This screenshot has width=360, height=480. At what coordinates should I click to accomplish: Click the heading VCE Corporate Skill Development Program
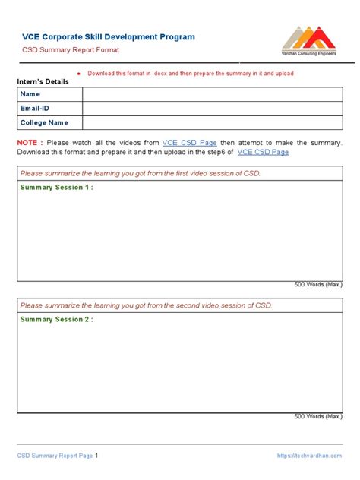click(x=108, y=36)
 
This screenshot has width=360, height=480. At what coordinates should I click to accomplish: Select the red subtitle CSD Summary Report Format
click(x=70, y=50)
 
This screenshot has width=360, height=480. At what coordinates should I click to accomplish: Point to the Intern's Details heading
click(x=48, y=81)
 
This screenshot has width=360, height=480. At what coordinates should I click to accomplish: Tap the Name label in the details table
click(x=30, y=94)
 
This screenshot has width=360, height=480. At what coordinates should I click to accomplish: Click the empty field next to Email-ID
click(x=212, y=108)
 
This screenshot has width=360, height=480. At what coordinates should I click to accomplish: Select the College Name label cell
click(x=44, y=122)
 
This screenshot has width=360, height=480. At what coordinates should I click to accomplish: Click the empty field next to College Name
click(x=212, y=122)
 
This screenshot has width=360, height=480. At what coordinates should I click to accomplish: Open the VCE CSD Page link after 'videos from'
click(x=190, y=143)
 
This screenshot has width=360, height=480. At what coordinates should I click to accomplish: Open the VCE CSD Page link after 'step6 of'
click(x=264, y=152)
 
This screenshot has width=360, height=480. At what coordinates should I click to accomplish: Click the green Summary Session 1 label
click(x=57, y=187)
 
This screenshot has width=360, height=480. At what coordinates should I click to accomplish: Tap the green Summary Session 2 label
click(x=57, y=320)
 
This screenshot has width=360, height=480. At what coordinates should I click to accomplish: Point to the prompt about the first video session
click(x=141, y=173)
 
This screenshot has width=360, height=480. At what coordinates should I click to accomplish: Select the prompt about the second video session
click(x=146, y=305)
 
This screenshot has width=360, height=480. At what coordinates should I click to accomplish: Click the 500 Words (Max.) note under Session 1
click(x=318, y=285)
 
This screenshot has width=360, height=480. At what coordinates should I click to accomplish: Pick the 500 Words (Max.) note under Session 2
click(x=318, y=416)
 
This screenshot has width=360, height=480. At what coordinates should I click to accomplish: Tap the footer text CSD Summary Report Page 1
click(x=58, y=456)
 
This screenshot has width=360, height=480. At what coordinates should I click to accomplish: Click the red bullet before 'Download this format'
click(x=79, y=74)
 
